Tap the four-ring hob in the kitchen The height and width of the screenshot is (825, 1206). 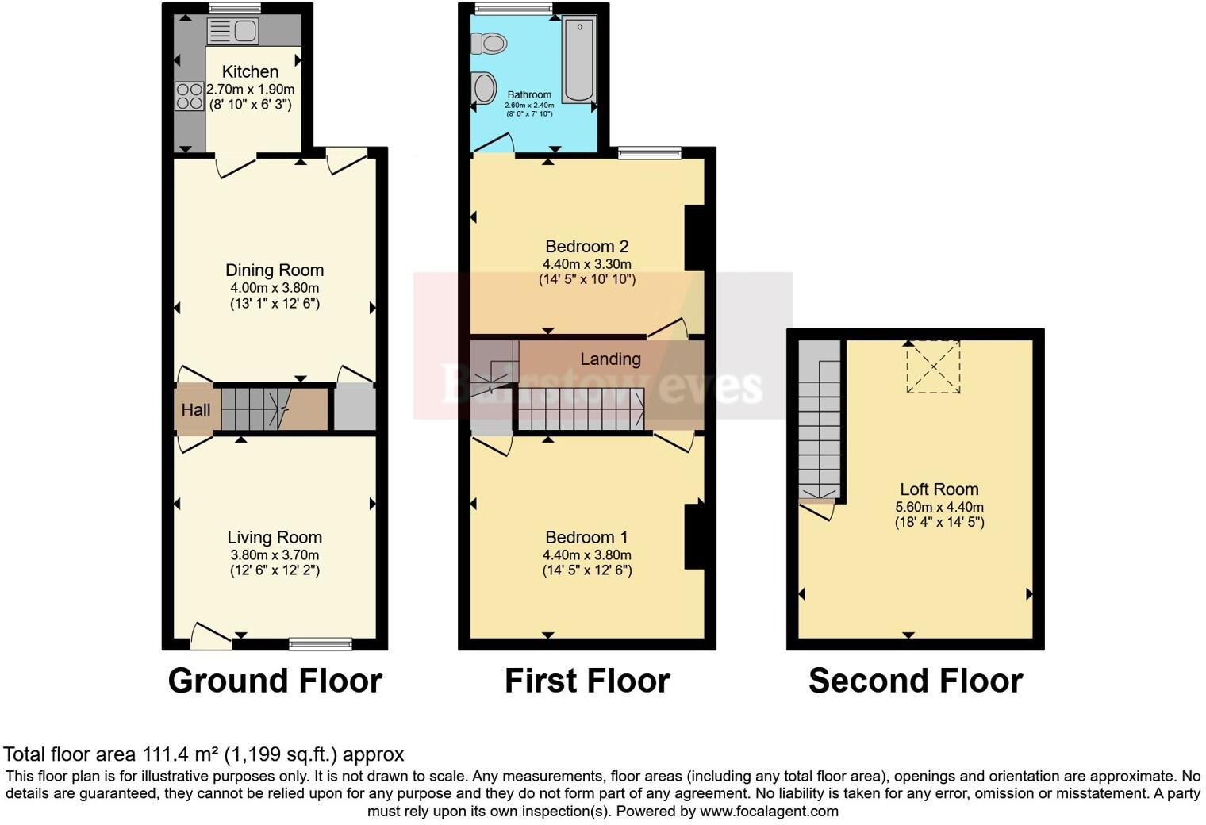(x=190, y=97)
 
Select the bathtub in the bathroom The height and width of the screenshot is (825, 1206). (x=578, y=61)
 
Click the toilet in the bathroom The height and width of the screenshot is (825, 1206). (x=489, y=43)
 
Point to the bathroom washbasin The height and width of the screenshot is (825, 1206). (x=482, y=87)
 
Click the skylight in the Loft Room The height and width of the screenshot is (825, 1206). (x=934, y=366)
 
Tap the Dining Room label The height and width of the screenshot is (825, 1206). (x=275, y=271)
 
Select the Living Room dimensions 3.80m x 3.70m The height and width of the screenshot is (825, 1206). (x=275, y=555)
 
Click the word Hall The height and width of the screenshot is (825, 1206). (x=196, y=409)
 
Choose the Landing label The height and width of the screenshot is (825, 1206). (x=610, y=359)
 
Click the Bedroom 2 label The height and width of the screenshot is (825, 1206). (x=586, y=247)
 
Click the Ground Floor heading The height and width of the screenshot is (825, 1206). (x=275, y=681)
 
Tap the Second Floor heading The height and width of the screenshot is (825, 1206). (x=915, y=681)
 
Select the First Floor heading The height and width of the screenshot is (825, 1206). (x=587, y=681)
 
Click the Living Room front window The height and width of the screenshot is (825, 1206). (x=321, y=643)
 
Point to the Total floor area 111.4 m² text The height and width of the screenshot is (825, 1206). (x=204, y=754)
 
